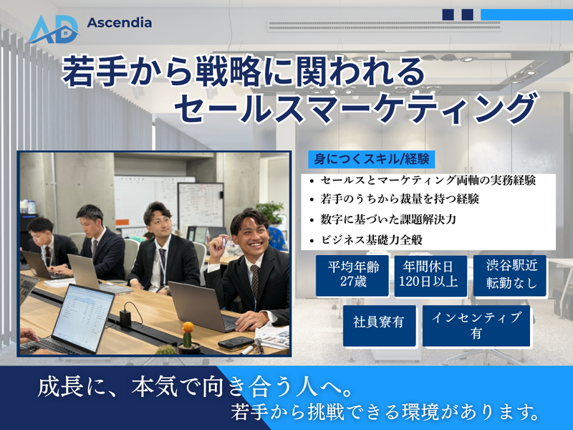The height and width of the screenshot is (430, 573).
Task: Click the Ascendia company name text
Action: tap(119, 22)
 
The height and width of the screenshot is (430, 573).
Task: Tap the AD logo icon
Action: tap(54, 28)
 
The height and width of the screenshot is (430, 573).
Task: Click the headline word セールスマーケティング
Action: tap(355, 107)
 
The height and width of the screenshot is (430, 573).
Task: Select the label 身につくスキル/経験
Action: tap(372, 158)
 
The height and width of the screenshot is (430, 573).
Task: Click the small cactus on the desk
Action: tap(188, 336)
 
